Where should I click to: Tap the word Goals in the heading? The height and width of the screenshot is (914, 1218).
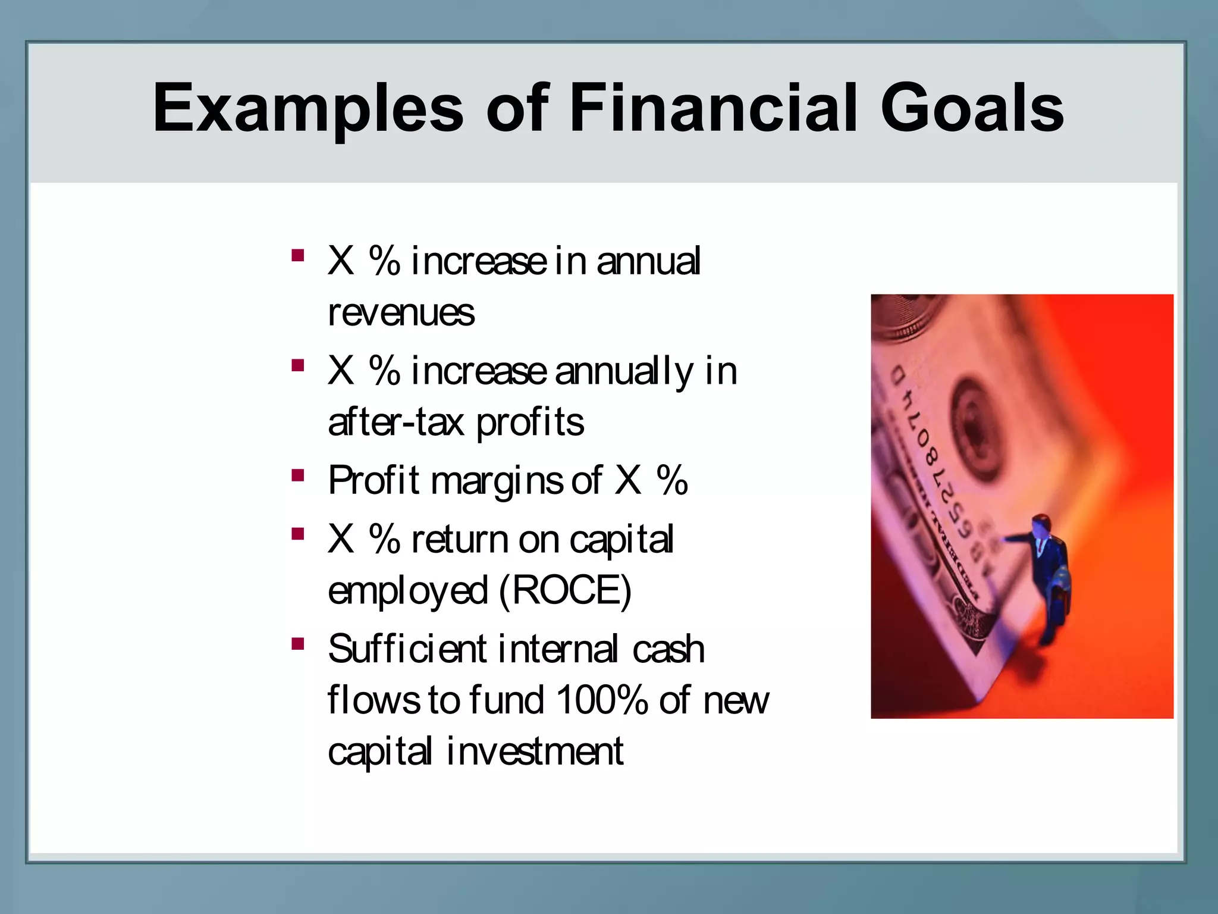(972, 108)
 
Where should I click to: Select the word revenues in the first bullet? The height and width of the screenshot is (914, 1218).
(401, 312)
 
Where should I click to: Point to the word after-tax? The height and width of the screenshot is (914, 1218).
(395, 422)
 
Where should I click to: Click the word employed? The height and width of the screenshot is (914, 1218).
(408, 591)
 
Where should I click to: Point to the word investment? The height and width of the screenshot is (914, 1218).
(535, 751)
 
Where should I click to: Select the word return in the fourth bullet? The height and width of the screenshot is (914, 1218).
(459, 540)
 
